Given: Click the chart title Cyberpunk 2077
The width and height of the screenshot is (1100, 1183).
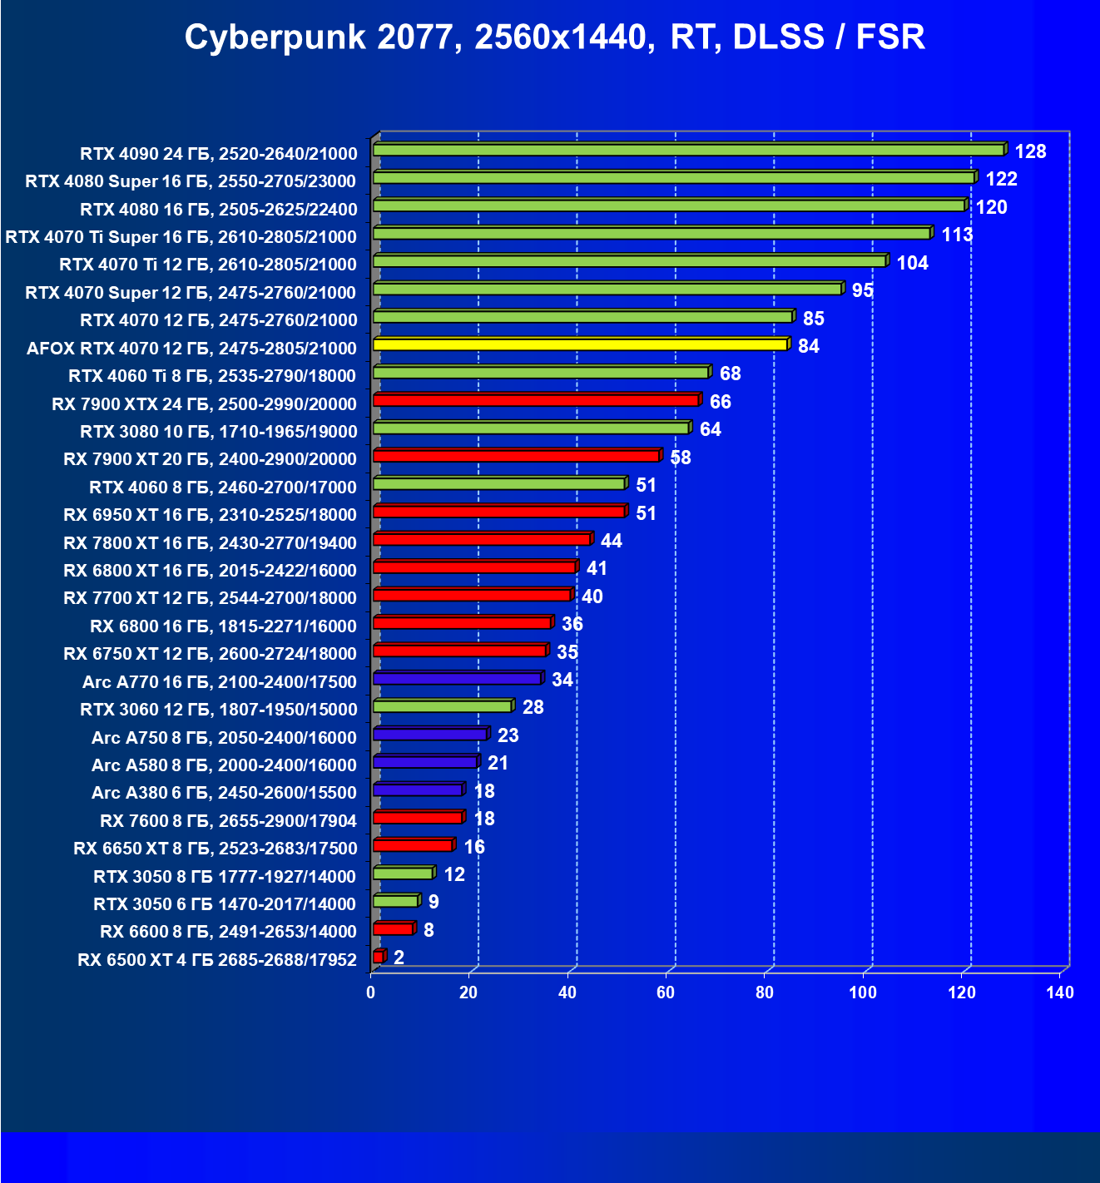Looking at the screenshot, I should coord(554,37).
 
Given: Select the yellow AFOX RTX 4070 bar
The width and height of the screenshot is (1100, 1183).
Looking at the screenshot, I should coord(580,344).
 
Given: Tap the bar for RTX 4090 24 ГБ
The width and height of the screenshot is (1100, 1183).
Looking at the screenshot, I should coord(688,150).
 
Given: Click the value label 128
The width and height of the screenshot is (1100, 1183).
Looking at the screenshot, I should coord(1030,151).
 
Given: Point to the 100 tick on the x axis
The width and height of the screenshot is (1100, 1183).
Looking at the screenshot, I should coord(863,992).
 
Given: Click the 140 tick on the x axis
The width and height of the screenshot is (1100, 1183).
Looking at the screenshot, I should coord(1060,992).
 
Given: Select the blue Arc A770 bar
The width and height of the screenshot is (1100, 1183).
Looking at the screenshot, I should coord(457,679).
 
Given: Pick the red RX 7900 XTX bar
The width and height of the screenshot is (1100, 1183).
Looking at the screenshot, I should coord(536,400).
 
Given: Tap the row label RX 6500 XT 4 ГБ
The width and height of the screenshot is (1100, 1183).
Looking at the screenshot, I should coord(217,960).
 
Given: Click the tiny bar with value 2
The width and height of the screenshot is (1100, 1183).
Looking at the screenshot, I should coord(379,957).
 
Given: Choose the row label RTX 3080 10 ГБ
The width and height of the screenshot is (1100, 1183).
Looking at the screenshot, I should coord(219,431).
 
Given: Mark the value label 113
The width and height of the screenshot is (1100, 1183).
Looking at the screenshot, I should coord(957,235).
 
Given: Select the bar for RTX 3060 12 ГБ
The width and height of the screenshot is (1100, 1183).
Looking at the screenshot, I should coord(442,706).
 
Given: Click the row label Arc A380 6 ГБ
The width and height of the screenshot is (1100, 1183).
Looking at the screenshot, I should coord(224,793).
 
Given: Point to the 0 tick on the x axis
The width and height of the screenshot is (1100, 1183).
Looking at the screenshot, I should coord(371,992).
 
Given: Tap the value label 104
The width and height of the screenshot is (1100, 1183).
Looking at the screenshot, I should coord(912,263).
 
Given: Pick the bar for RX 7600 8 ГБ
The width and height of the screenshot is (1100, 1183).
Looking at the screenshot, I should coord(418,818).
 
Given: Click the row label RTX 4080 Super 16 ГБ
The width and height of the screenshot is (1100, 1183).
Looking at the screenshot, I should coord(191,181).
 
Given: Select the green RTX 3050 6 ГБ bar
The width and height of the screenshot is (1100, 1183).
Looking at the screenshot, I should coord(395,901).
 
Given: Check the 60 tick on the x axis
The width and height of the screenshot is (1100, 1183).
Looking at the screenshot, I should coord(666,992).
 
